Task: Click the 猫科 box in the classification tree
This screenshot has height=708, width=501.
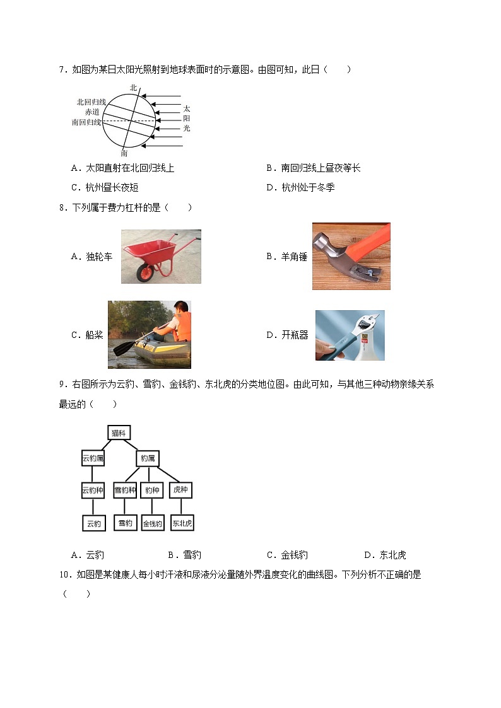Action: point(119,433)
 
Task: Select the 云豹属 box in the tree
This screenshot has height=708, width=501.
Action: point(93,458)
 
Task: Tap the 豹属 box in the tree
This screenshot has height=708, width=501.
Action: point(148,458)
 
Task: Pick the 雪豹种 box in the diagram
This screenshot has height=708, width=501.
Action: point(125,490)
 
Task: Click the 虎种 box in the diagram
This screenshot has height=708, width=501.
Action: point(180,490)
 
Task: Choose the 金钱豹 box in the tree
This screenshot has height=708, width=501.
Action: point(153,523)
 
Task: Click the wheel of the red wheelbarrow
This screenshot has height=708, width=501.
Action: point(146,272)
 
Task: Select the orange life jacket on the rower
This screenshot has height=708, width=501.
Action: point(181,328)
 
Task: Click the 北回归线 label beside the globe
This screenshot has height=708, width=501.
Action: point(91,102)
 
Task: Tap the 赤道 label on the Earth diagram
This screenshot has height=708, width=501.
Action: point(93,112)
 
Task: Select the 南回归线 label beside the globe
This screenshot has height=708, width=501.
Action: point(86,122)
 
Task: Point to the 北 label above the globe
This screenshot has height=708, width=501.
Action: point(133,88)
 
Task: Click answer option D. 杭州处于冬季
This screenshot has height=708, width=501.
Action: point(300,187)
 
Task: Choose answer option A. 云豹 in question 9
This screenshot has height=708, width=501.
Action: point(88,555)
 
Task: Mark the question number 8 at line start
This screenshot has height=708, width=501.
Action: point(62,207)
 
